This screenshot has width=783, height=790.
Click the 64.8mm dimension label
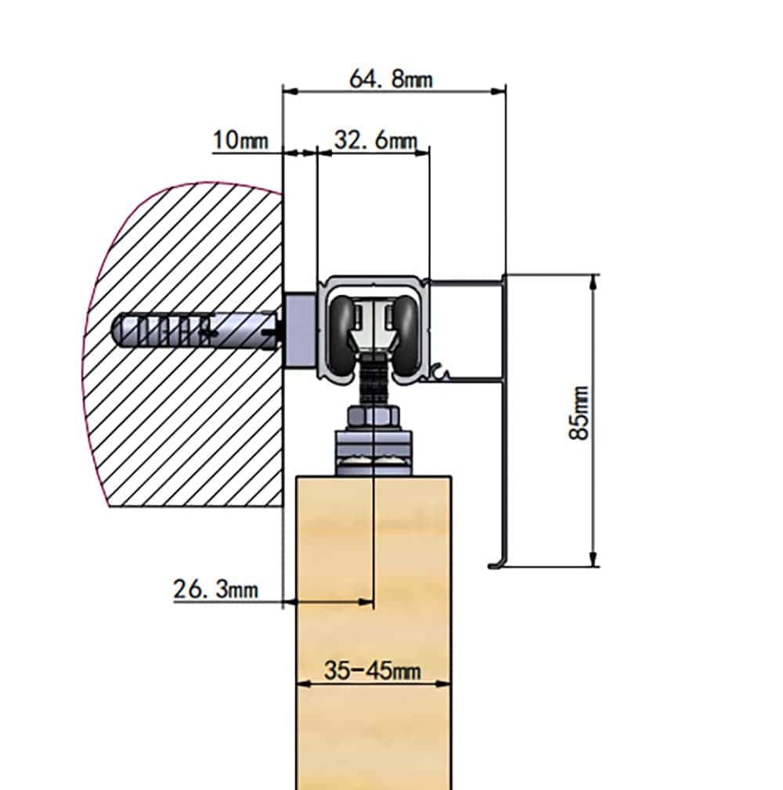click(x=391, y=79)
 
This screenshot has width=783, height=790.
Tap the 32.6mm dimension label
click(x=375, y=140)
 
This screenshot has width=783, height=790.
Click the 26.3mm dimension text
click(x=215, y=589)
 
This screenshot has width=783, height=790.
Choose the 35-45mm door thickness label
click(x=372, y=670)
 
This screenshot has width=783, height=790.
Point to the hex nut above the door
click(x=374, y=417)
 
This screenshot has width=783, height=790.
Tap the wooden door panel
click(x=373, y=626)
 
